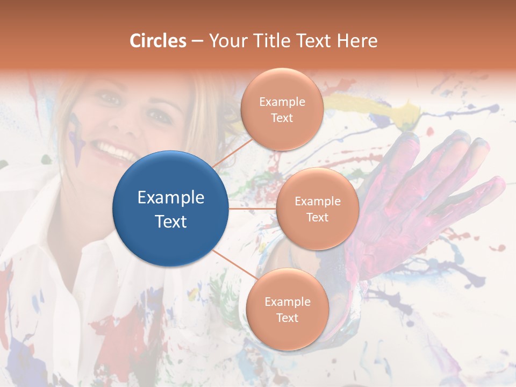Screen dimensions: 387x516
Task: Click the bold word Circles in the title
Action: [158, 40]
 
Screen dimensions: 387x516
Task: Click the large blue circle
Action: [171, 209]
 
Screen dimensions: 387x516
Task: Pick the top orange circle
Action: [282, 109]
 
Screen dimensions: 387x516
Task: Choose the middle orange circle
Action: [317, 209]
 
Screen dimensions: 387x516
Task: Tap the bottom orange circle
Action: [287, 309]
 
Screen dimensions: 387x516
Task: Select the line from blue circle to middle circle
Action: [253, 209]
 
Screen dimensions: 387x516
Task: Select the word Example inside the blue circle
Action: [171, 197]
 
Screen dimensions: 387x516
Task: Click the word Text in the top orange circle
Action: [282, 118]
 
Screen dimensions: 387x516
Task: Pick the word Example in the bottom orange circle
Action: [287, 302]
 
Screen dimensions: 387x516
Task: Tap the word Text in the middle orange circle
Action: [317, 217]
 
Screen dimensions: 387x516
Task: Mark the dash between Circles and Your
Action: [197, 41]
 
